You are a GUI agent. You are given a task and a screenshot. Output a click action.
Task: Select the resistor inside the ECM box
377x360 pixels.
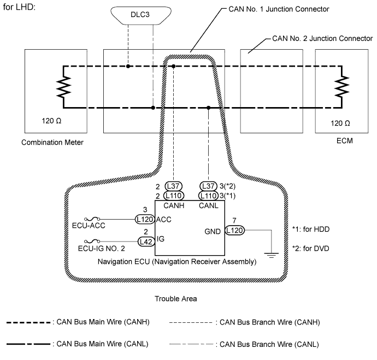[342, 86]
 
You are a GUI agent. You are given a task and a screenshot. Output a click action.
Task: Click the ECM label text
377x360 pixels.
[345, 141]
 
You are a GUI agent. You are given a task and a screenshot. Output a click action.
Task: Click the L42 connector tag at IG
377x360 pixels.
[145, 240]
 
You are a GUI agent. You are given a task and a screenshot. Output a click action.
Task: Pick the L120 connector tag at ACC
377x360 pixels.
[145, 219]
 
